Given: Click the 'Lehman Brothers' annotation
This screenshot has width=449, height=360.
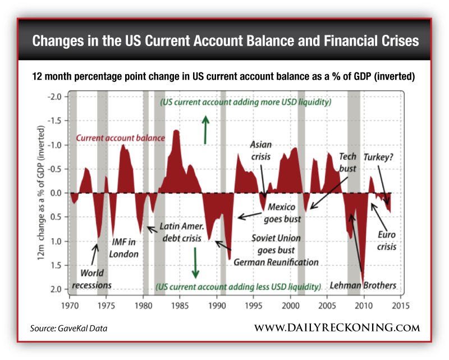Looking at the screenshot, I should point(363,285).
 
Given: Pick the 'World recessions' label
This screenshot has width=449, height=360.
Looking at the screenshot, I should point(91,279).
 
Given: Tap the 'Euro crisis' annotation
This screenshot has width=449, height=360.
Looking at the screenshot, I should point(387,240).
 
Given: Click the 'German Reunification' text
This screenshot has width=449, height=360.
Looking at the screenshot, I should point(276,262).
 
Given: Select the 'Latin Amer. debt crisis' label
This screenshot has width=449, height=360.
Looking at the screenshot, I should point(180,233).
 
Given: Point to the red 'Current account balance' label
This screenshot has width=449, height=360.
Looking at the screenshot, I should point(120,138).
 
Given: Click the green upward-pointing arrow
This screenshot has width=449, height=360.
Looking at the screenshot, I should point(206,129).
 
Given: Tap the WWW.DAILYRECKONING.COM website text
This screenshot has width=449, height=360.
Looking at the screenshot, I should point(337,327).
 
